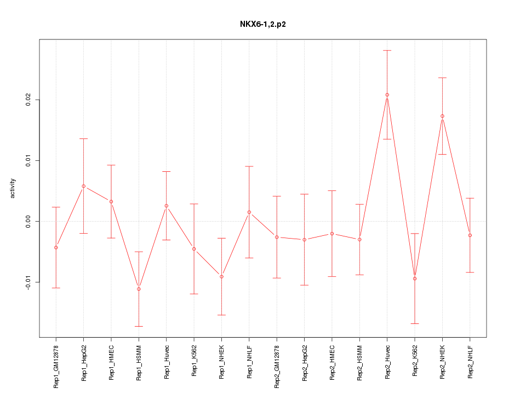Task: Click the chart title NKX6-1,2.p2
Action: click(262, 25)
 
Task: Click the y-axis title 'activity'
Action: click(13, 188)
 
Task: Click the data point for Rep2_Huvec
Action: click(387, 95)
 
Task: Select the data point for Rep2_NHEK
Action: click(442, 116)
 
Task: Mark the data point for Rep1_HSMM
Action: click(139, 289)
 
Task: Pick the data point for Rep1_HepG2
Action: click(83, 186)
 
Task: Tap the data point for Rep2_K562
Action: click(415, 279)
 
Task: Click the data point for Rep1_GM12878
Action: click(56, 247)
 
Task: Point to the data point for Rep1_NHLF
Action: click(249, 212)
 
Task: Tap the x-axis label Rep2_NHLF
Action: click(470, 363)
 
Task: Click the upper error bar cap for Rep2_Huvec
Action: click(387, 50)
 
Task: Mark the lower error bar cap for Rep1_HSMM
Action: click(139, 326)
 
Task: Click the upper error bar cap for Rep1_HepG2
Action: click(83, 138)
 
